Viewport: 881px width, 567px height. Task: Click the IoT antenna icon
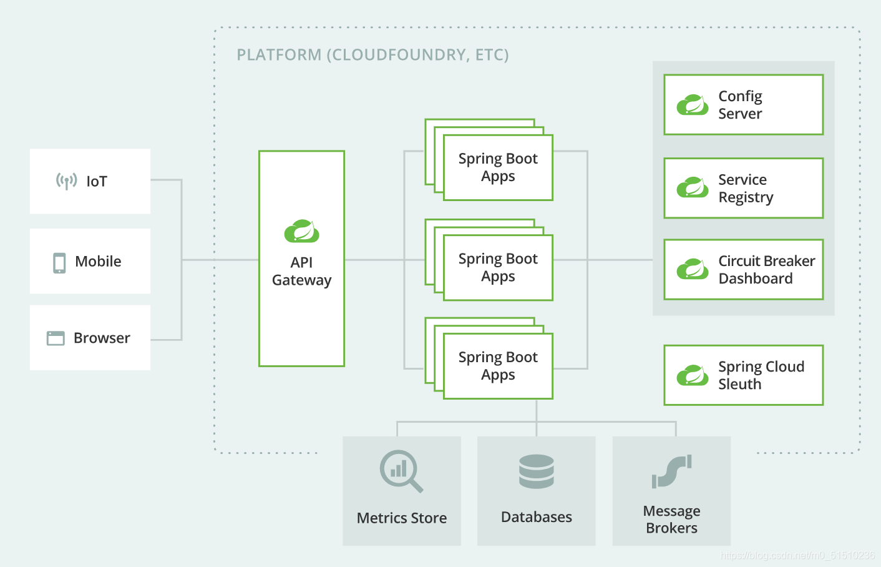[x=67, y=181]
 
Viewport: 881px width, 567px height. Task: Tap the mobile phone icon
[x=59, y=263]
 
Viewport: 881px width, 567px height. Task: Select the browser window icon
[x=56, y=338]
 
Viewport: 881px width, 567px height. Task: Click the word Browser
[x=102, y=338]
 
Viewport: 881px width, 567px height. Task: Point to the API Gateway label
[x=301, y=271]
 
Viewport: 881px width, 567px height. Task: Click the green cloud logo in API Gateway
[x=301, y=231]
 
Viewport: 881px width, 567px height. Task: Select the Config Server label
[x=740, y=105]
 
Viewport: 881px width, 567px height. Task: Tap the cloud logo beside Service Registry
[x=693, y=187]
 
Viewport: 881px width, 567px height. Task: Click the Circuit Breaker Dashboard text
[x=767, y=270]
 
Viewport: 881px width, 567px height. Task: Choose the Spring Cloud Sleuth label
[x=761, y=375]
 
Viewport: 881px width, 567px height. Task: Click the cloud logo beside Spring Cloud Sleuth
[x=693, y=375]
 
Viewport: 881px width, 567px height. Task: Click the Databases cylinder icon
[x=537, y=471]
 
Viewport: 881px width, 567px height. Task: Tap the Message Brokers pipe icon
[x=672, y=471]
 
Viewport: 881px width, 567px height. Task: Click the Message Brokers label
[x=672, y=520]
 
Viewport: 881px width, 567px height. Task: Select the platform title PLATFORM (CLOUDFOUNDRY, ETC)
[x=372, y=55]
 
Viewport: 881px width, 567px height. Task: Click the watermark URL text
[x=797, y=555]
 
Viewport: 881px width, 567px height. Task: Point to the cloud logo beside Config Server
[x=693, y=104]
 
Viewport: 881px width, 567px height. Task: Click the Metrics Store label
[x=402, y=518]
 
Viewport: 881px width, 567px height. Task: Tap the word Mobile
[x=98, y=262]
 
